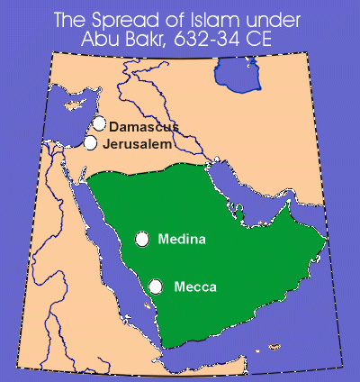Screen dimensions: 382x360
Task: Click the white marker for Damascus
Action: pyautogui.click(x=99, y=123)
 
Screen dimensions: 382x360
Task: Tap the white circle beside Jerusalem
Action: pyautogui.click(x=91, y=142)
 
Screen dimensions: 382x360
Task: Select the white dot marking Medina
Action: pyautogui.click(x=142, y=239)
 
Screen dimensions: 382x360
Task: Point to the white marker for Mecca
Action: pyautogui.click(x=156, y=286)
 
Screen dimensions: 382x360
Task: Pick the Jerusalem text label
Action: pyautogui.click(x=137, y=144)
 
